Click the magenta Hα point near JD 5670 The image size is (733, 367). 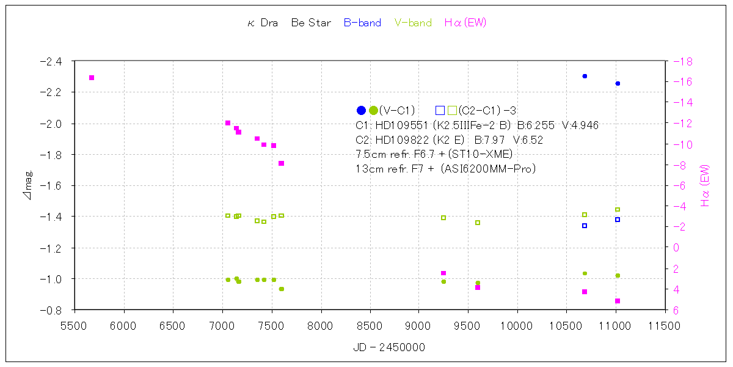92,78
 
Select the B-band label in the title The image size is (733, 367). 362,23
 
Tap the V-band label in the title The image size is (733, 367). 413,23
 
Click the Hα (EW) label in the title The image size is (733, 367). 465,23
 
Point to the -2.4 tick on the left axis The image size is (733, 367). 50,61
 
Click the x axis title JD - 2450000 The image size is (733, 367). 389,347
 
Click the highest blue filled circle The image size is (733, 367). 585,76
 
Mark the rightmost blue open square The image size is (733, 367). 618,220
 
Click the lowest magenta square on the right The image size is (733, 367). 618,301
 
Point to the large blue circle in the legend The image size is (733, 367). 361,111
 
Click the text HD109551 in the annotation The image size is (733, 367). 401,125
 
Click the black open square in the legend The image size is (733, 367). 440,111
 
